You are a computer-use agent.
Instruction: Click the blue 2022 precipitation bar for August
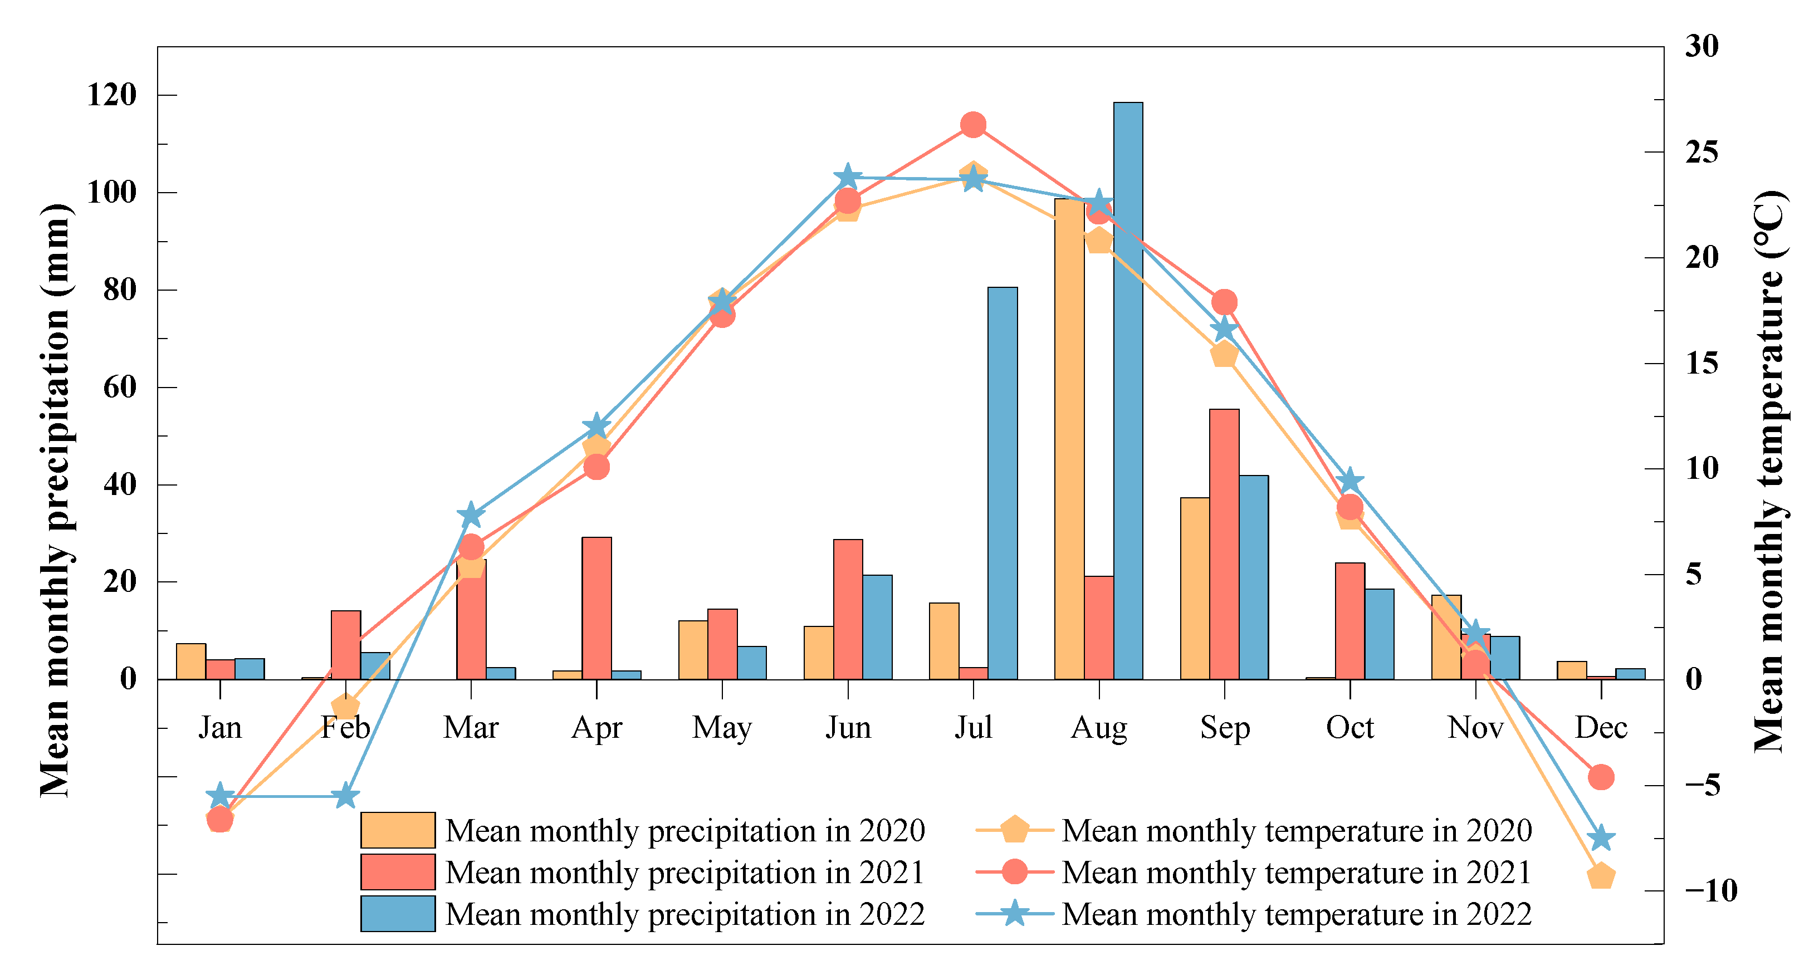[1128, 390]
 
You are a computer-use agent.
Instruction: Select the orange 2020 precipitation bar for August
[1069, 439]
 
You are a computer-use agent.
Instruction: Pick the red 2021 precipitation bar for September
[1224, 545]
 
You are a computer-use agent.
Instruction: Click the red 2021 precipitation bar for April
[596, 608]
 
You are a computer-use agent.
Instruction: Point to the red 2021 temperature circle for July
[973, 125]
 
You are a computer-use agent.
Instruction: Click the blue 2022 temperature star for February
[345, 796]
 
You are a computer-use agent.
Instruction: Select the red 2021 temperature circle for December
[1601, 777]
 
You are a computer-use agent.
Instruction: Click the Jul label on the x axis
[973, 727]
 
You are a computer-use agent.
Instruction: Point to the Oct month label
[1349, 727]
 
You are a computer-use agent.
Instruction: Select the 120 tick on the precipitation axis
[111, 95]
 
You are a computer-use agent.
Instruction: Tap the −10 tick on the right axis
[1710, 891]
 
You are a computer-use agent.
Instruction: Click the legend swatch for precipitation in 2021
[398, 872]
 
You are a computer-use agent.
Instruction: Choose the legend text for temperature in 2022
[1297, 914]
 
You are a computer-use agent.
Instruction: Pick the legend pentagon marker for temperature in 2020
[1015, 830]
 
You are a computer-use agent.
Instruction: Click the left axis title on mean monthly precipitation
[55, 501]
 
